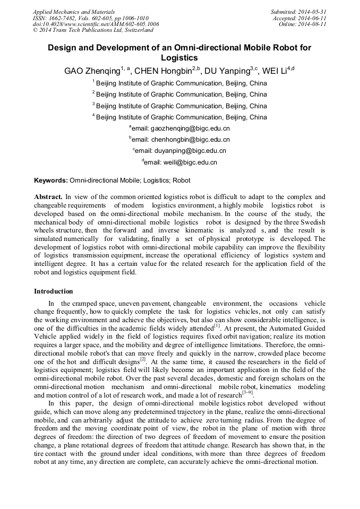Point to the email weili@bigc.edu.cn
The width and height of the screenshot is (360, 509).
click(184, 162)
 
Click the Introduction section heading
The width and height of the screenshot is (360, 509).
click(53, 291)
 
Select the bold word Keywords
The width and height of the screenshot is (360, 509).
click(51, 180)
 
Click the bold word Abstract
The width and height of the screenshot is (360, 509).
click(48, 196)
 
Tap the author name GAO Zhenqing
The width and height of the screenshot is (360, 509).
click(91, 71)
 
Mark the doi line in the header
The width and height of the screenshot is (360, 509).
click(96, 24)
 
